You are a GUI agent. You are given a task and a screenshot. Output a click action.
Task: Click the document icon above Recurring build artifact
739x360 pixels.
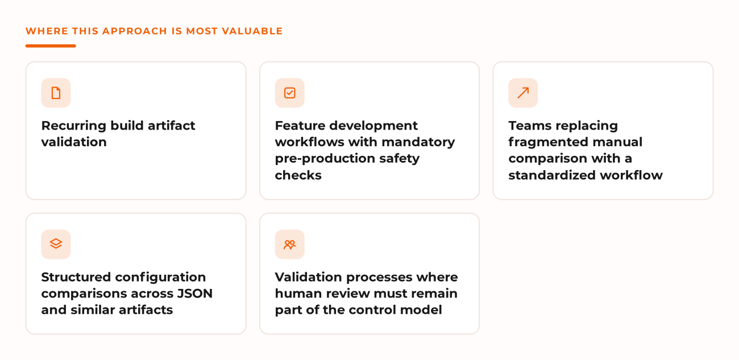(x=56, y=93)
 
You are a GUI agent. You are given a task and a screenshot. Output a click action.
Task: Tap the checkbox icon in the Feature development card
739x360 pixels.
(x=290, y=93)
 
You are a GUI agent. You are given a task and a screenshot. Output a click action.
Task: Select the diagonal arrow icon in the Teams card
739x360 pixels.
(x=523, y=93)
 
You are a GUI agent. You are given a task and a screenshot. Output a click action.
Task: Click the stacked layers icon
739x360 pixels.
(x=56, y=244)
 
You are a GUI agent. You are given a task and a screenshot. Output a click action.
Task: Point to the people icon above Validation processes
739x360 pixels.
(x=290, y=245)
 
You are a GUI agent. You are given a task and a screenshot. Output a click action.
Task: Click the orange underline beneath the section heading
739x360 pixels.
(x=51, y=46)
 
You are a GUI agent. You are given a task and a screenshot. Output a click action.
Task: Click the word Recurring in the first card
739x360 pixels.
(x=73, y=126)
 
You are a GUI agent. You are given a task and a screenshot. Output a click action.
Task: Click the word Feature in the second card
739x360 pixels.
(x=300, y=126)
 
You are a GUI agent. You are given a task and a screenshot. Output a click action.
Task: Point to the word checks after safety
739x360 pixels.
(x=298, y=175)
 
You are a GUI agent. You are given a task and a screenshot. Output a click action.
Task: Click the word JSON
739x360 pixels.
(x=195, y=293)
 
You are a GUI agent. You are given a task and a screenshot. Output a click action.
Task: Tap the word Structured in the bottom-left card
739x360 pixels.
(x=76, y=277)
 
